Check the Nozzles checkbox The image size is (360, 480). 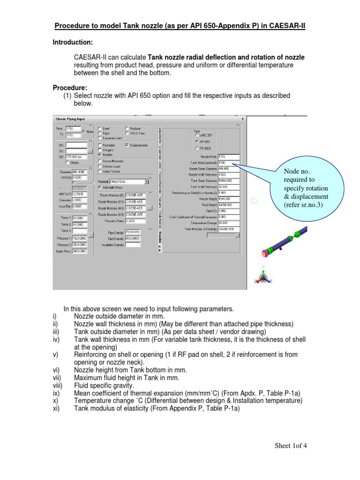pyautogui.click(x=100, y=154)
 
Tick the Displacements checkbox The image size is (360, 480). pyautogui.click(x=127, y=145)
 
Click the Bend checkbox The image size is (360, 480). pyautogui.click(x=100, y=128)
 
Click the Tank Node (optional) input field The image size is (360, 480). pyautogui.click(x=229, y=163)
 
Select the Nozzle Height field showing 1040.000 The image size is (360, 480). pyautogui.click(x=229, y=198)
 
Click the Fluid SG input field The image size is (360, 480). pyautogui.click(x=229, y=210)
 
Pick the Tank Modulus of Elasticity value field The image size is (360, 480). pyautogui.click(x=229, y=229)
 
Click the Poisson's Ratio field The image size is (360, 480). pyautogui.click(x=135, y=221)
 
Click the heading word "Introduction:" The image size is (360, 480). pyautogui.click(x=72, y=42)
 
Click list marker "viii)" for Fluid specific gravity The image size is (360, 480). pyautogui.click(x=57, y=385)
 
